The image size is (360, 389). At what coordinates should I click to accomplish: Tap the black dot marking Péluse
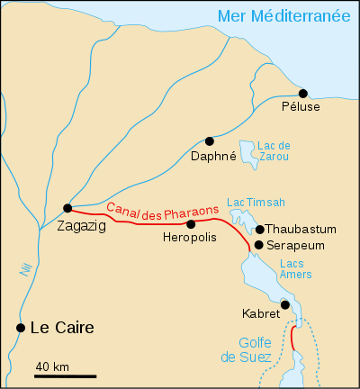pyautogui.click(x=303, y=94)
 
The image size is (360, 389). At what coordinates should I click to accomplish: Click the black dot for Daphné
pyautogui.click(x=210, y=140)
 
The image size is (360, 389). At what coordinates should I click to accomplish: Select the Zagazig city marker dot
pyautogui.click(x=67, y=207)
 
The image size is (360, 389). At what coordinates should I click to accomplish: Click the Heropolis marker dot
pyautogui.click(x=191, y=223)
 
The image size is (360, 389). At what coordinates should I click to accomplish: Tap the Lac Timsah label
pyautogui.click(x=249, y=203)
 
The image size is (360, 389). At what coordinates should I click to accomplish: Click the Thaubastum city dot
pyautogui.click(x=259, y=230)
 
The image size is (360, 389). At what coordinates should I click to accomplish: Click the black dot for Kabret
pyautogui.click(x=284, y=304)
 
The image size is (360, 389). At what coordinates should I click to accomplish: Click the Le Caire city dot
pyautogui.click(x=21, y=328)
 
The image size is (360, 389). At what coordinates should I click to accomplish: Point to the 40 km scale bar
pyautogui.click(x=66, y=375)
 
